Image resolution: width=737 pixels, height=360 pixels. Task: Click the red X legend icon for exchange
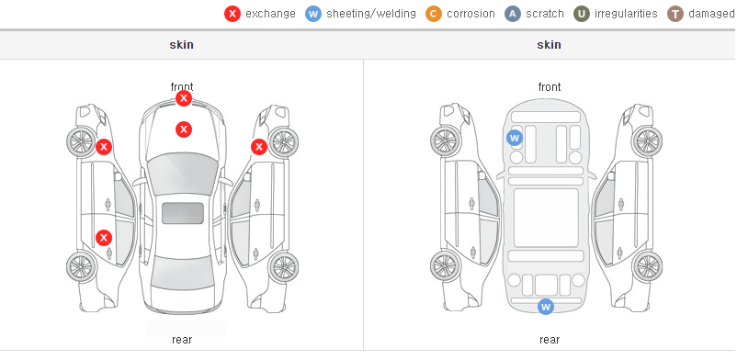[x=232, y=14]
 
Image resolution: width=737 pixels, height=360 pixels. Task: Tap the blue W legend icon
[x=313, y=14]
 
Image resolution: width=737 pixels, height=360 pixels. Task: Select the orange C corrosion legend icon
[x=434, y=14]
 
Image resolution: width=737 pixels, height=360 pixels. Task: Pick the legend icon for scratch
[x=513, y=14]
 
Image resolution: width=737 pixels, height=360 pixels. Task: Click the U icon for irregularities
[x=582, y=14]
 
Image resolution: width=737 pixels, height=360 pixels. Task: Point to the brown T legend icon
[x=675, y=14]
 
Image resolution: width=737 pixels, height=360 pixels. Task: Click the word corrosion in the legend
[x=471, y=14]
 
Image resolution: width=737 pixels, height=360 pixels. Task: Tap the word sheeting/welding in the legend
[x=371, y=14]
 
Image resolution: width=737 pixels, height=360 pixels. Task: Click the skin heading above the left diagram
[x=181, y=45]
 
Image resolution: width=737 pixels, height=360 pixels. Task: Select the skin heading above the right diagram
[x=549, y=45]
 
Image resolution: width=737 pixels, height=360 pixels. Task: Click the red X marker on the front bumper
[x=184, y=98]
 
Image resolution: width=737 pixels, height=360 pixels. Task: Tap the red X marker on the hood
[x=184, y=129]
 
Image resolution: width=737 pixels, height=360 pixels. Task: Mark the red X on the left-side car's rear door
[x=104, y=238]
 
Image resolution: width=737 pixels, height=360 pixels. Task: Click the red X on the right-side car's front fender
[x=259, y=147]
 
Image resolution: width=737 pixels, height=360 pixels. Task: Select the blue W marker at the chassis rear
[x=546, y=307]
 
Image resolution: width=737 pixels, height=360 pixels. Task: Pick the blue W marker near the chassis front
[x=515, y=138]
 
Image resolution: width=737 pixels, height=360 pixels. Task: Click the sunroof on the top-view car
[x=183, y=213]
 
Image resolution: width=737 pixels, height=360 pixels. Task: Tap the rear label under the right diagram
[x=550, y=339]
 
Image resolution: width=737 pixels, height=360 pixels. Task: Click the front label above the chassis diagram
[x=550, y=87]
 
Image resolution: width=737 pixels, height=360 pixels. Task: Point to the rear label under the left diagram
[x=182, y=339]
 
